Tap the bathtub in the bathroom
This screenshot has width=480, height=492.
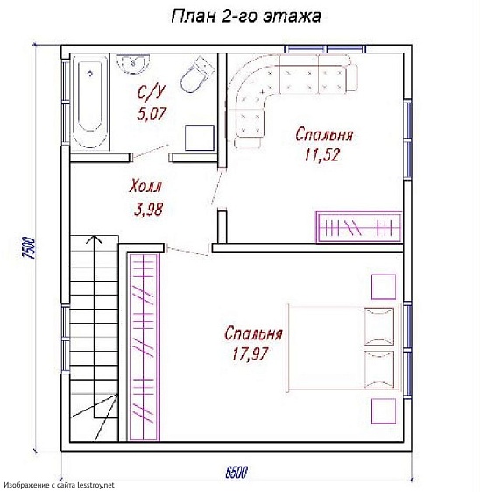(88, 103)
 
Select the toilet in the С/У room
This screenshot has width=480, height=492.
(196, 75)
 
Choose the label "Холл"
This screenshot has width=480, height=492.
(146, 187)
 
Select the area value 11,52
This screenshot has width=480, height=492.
(321, 155)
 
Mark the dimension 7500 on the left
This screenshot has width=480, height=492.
(28, 249)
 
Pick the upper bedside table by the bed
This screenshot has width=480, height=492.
(383, 286)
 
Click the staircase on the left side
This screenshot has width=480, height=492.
(92, 333)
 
